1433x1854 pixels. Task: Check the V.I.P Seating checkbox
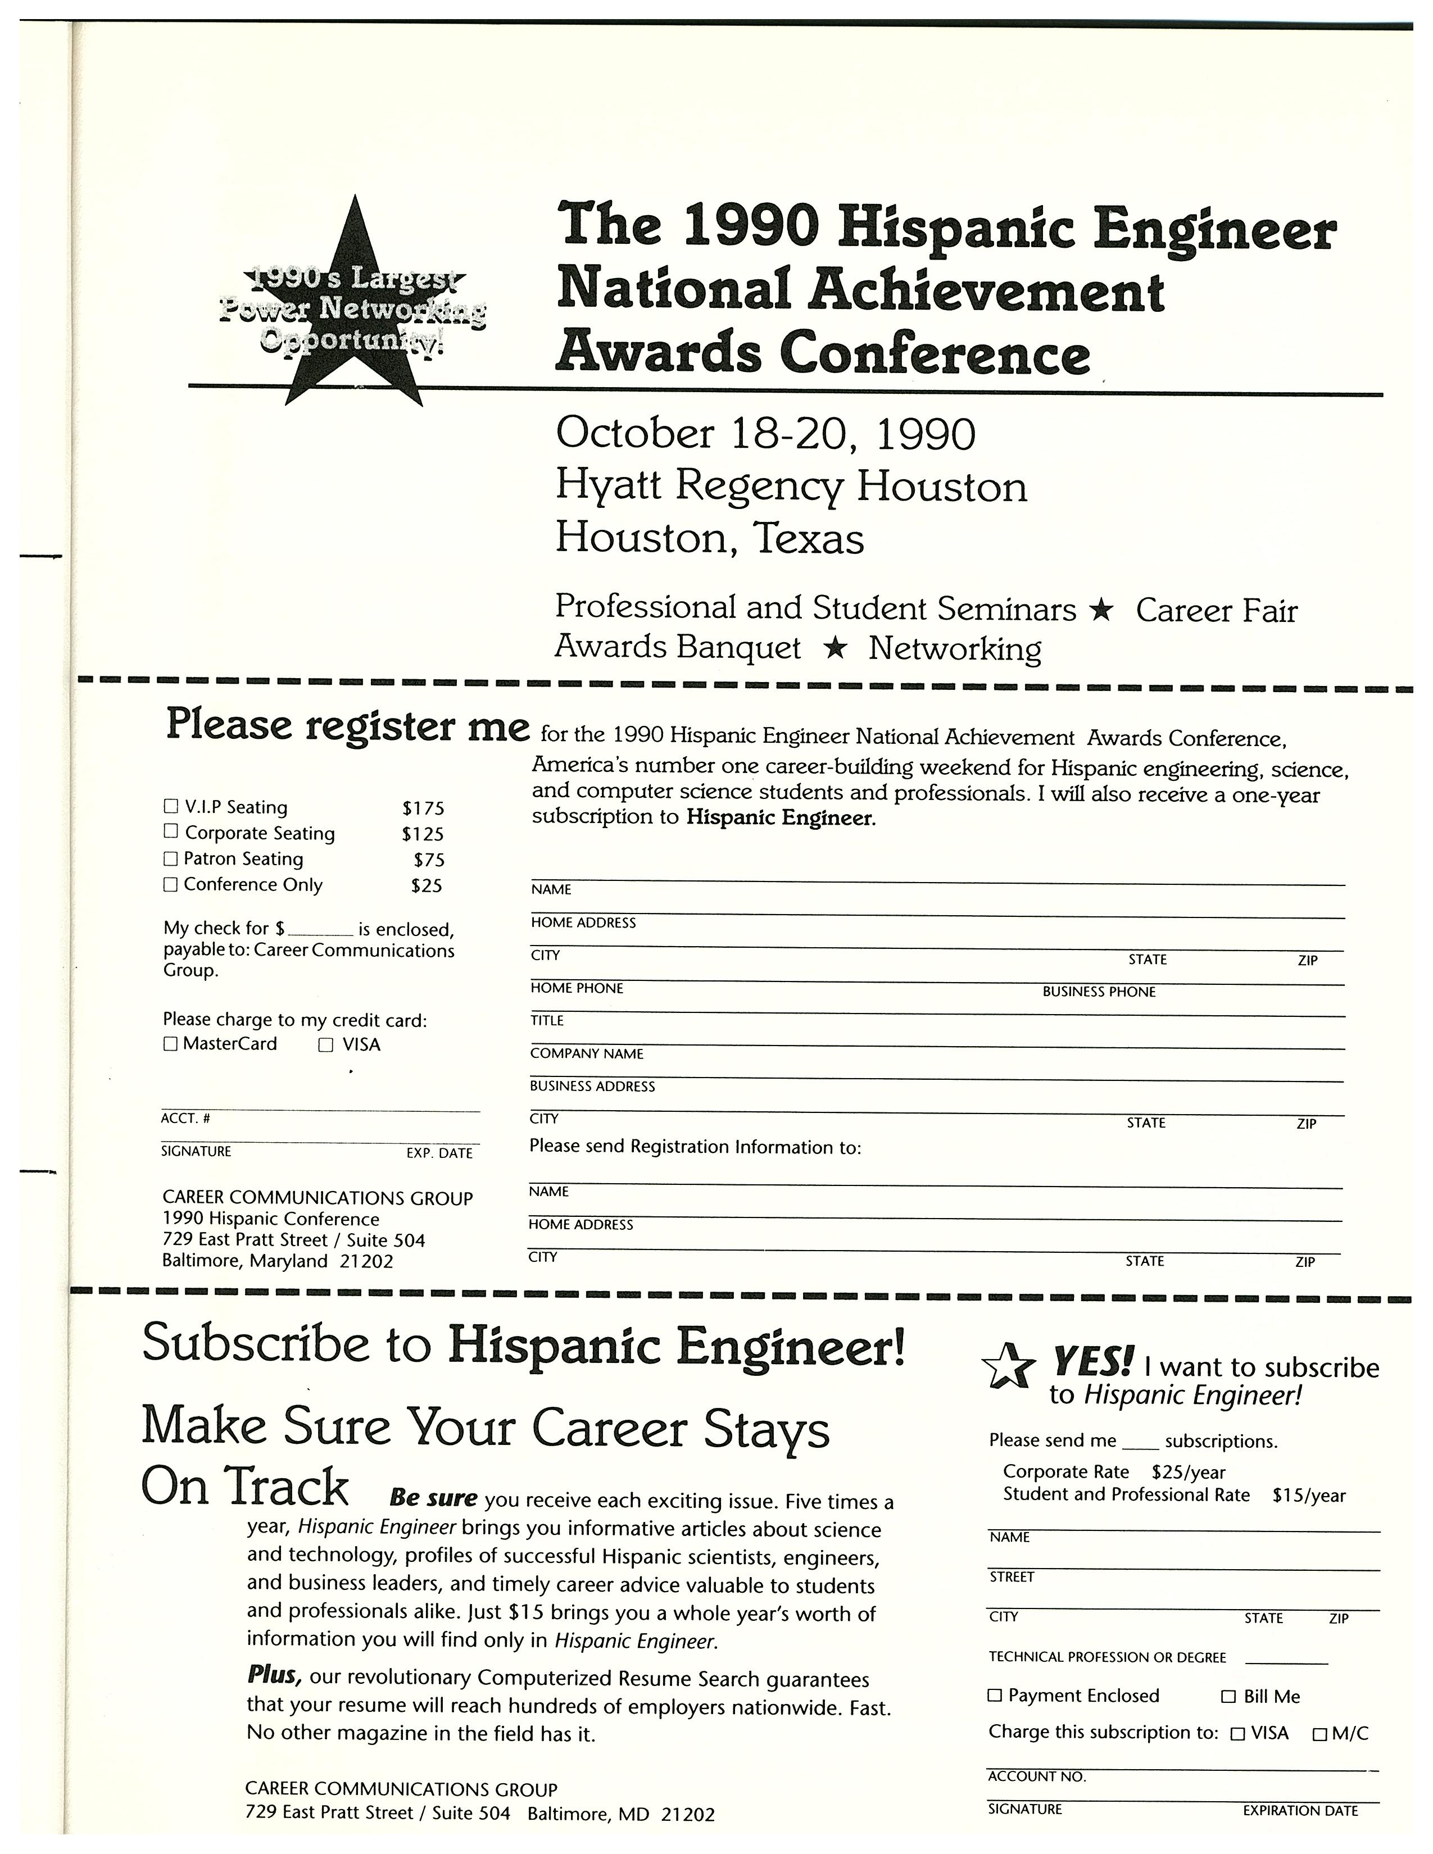click(171, 806)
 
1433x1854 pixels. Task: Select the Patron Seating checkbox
click(171, 858)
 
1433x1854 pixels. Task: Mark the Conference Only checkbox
click(171, 884)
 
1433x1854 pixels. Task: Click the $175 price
click(423, 808)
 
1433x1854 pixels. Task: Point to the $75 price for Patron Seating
click(429, 860)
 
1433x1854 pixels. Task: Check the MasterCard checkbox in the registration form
click(171, 1044)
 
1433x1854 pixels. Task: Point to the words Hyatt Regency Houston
click(791, 487)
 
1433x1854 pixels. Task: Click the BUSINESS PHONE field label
click(1099, 992)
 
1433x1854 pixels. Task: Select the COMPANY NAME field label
click(587, 1053)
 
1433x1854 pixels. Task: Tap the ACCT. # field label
click(185, 1119)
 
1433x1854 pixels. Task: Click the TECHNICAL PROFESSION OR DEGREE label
click(1107, 1657)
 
